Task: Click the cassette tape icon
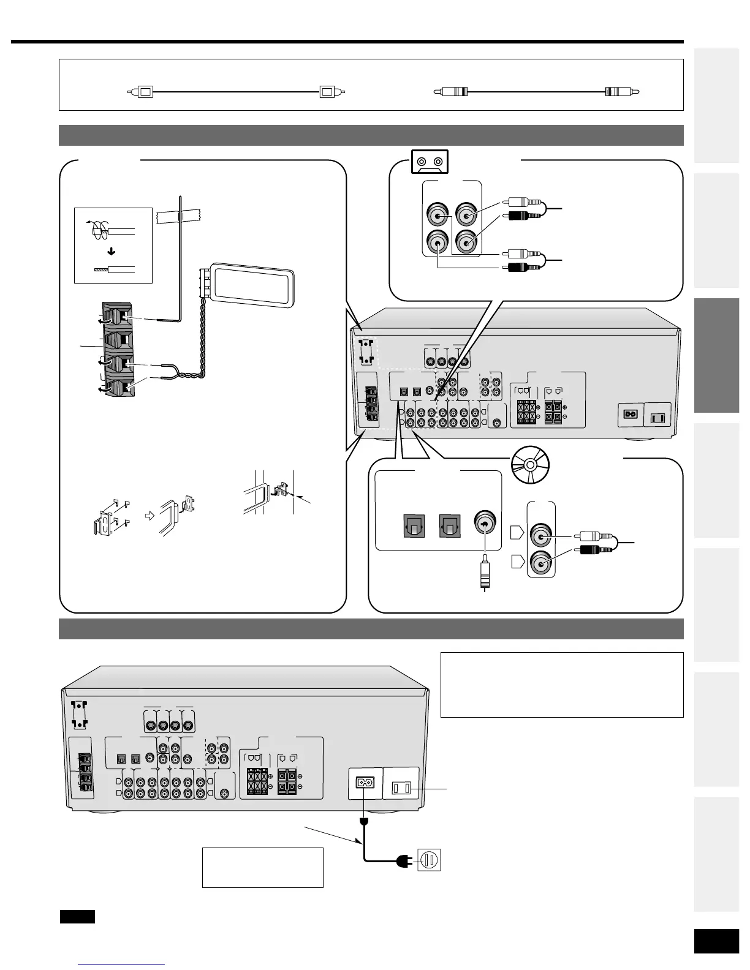(428, 162)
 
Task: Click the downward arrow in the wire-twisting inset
(112, 251)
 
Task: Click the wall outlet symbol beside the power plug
(429, 861)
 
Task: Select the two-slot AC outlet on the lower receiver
(401, 788)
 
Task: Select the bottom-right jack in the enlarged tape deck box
(466, 243)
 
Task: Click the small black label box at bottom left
(77, 917)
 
